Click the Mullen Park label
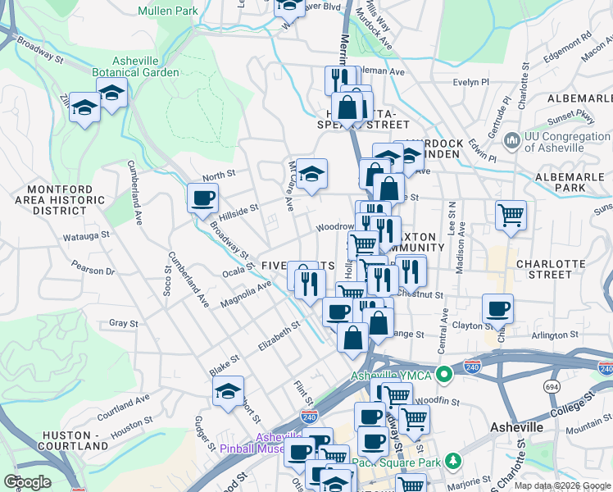tap(168, 11)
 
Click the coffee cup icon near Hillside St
tap(202, 198)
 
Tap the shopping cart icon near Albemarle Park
tap(511, 215)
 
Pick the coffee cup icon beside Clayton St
tap(497, 309)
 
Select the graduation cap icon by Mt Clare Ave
tap(311, 174)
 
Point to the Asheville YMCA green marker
tap(444, 376)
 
